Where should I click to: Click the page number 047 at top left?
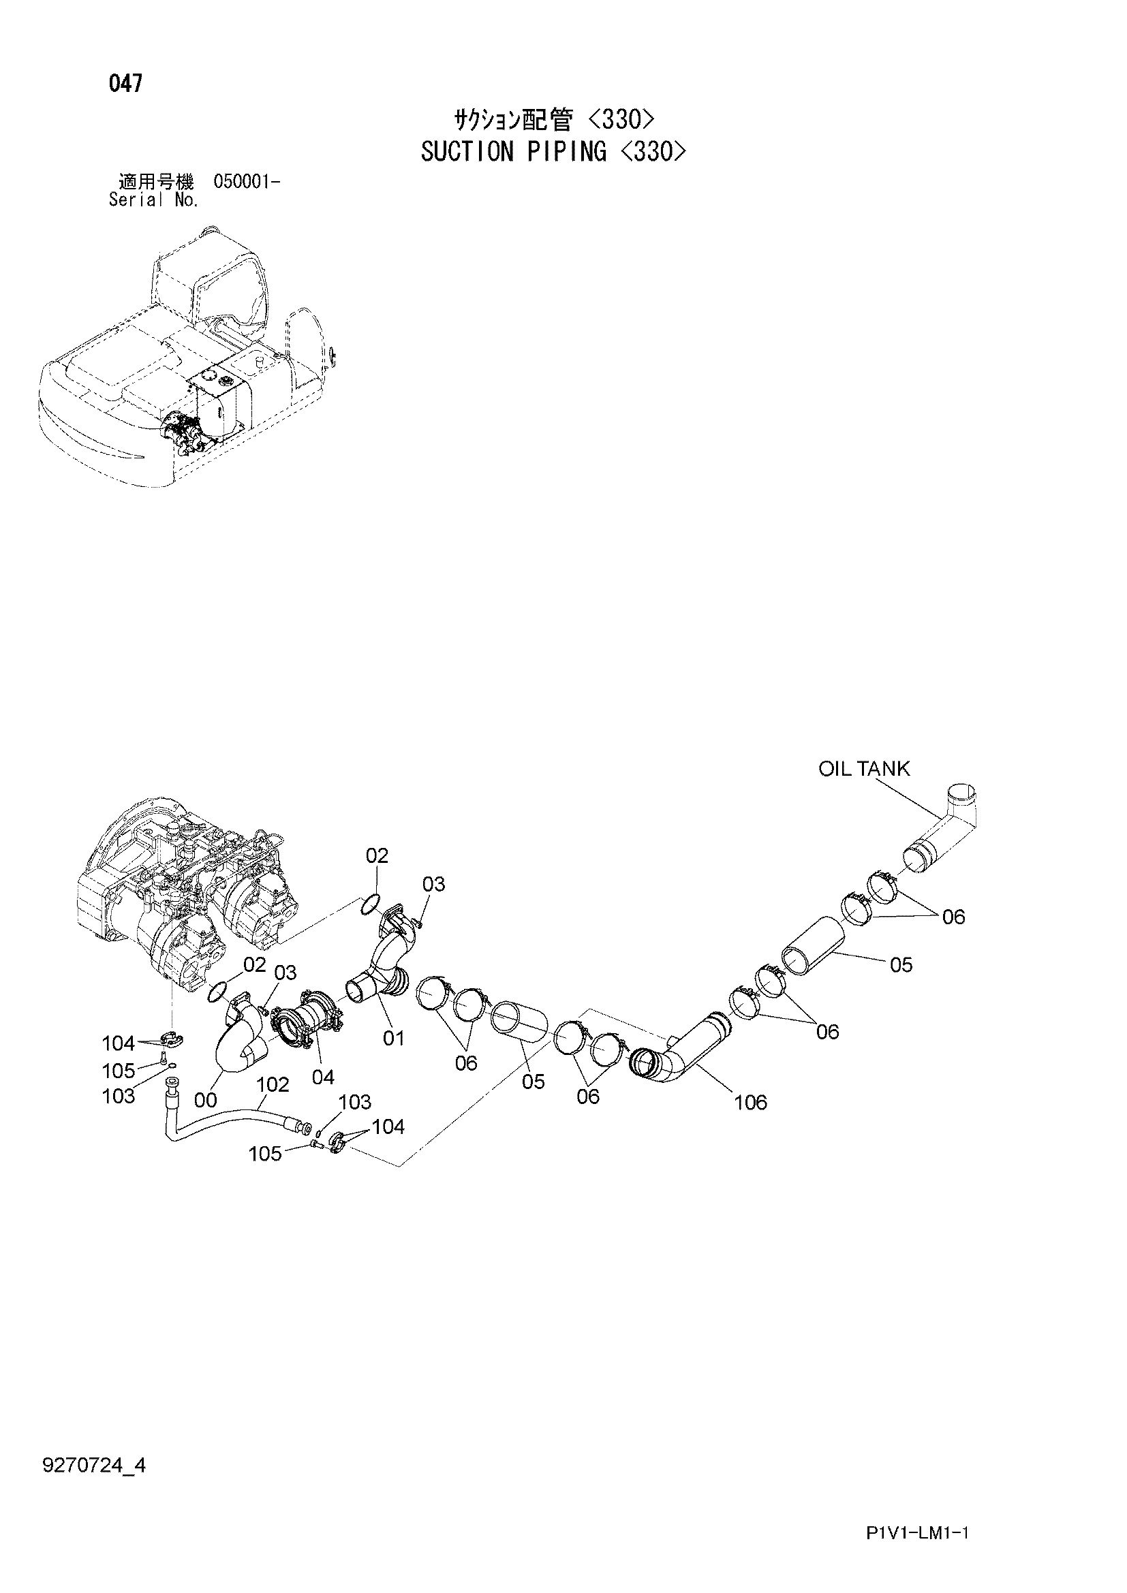[125, 84]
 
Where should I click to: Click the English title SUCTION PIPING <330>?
[553, 151]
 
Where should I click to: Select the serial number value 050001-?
[247, 183]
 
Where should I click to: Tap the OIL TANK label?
[864, 769]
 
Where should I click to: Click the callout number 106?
[750, 1102]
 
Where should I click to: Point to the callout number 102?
[272, 1084]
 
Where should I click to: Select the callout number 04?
[323, 1077]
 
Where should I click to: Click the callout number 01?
[393, 1038]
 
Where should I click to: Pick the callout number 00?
[206, 1100]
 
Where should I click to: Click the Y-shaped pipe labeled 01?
[386, 958]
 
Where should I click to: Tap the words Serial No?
[154, 200]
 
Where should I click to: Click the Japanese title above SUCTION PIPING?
[553, 121]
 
